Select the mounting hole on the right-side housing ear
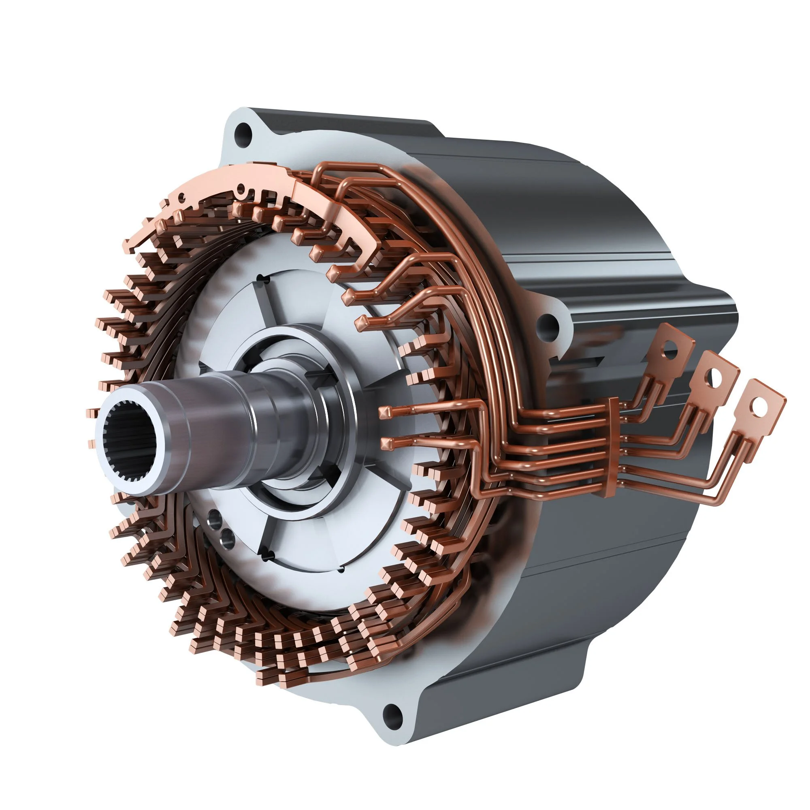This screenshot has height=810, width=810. pyautogui.click(x=548, y=323)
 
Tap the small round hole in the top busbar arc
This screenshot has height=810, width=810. pyautogui.click(x=240, y=188)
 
